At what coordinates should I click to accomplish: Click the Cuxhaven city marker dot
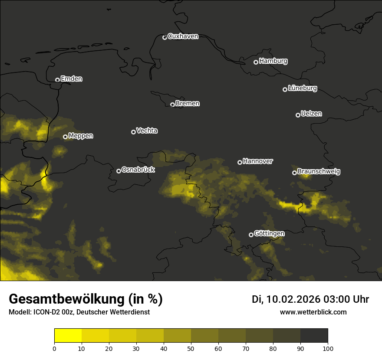165,37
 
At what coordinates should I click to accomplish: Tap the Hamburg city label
273,61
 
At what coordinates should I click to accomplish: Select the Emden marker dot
57,80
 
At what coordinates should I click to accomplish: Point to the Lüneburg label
302,88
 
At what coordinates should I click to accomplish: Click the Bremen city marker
172,105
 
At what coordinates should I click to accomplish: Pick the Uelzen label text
311,114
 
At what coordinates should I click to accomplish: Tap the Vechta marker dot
133,132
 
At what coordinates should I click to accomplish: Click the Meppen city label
81,136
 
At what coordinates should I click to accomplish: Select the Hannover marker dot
240,162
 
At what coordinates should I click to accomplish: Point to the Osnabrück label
138,170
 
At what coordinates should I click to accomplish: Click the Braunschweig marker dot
294,173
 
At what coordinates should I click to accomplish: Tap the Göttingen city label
269,234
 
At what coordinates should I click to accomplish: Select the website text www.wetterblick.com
313,312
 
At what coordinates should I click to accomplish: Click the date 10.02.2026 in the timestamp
293,299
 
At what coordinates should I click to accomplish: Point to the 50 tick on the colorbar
191,348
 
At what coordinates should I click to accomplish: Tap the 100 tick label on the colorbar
328,348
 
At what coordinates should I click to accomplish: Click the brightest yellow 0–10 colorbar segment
68,335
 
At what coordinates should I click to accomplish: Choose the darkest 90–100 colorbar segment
314,335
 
